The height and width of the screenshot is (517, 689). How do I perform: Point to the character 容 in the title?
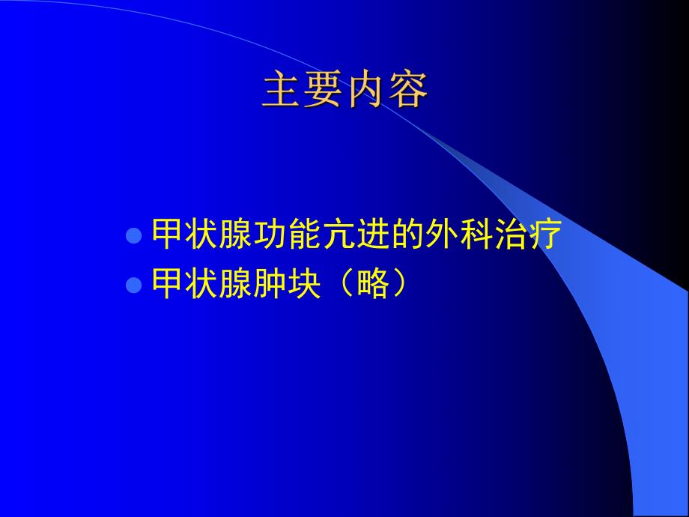[407, 91]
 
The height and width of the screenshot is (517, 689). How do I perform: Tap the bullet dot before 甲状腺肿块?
[133, 285]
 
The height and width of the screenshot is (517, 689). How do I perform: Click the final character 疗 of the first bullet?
[544, 235]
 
